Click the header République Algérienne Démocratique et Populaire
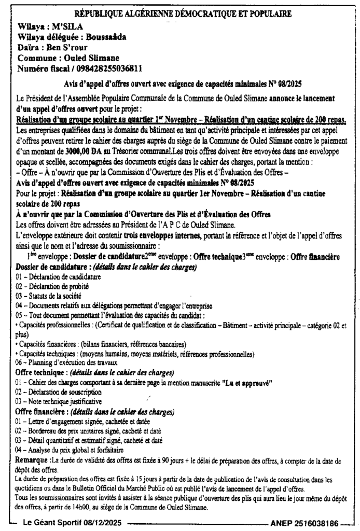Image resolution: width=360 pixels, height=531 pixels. [183, 14]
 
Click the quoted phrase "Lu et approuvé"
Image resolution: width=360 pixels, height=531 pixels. [247, 383]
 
